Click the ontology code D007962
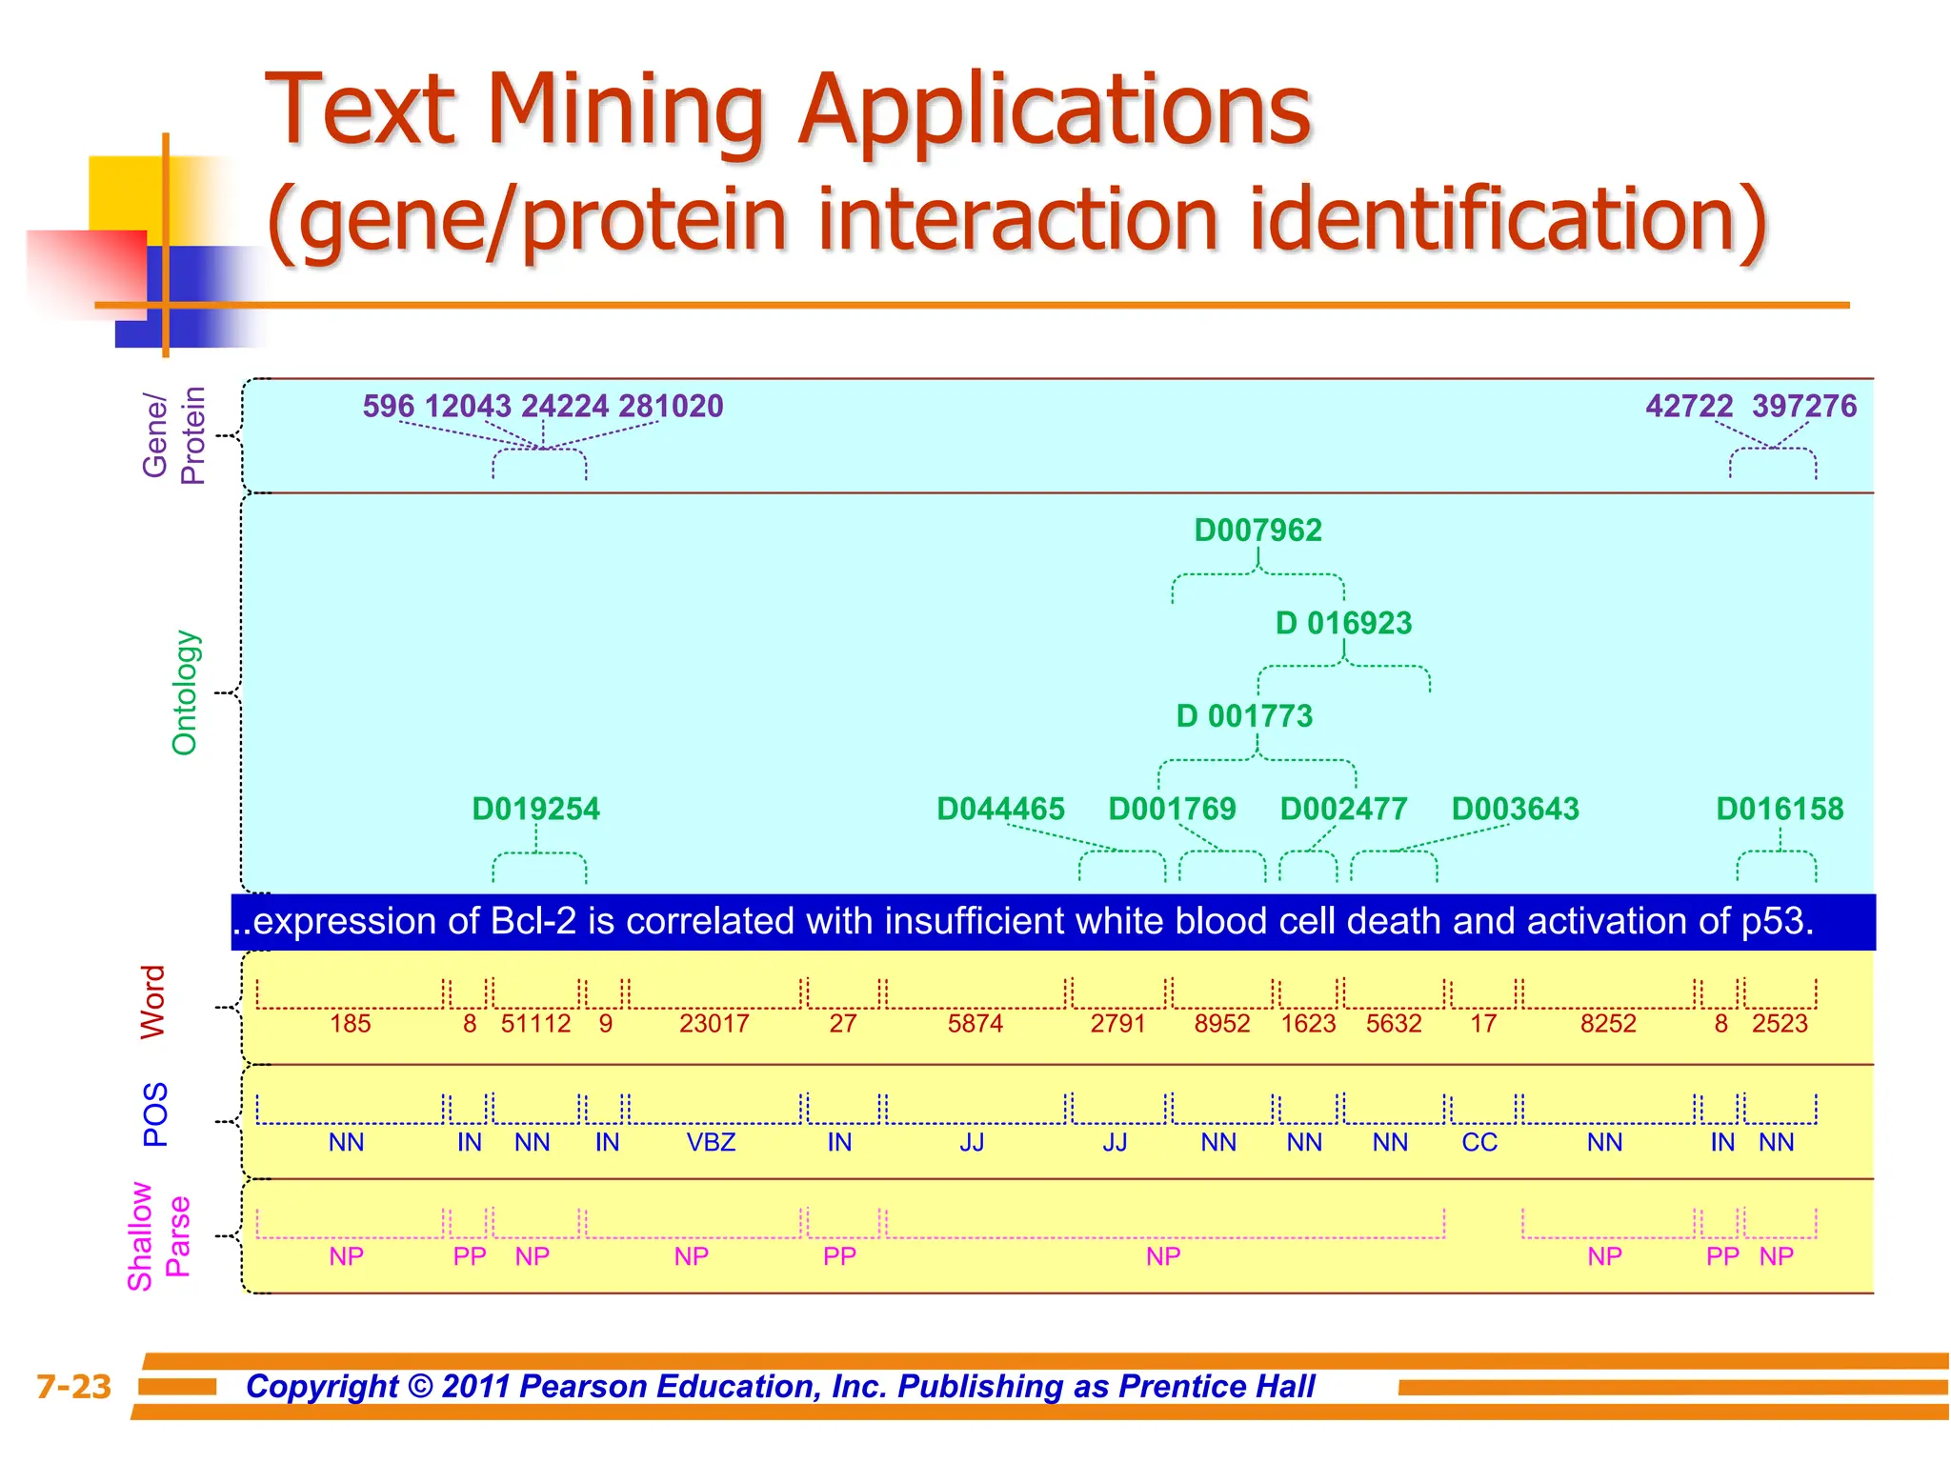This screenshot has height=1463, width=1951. point(1257,531)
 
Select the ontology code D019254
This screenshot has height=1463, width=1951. point(535,809)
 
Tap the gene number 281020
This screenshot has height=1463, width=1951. point(671,407)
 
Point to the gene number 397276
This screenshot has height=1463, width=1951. point(1803,407)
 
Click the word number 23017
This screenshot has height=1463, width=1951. point(714,1024)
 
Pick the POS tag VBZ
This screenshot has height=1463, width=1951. point(711,1142)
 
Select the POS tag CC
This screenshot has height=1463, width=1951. point(1479,1142)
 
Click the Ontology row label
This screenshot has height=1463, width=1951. point(184,692)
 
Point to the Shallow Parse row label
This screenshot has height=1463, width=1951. point(158,1236)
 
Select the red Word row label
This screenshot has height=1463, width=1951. point(153,1003)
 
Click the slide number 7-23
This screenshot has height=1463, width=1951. point(73,1387)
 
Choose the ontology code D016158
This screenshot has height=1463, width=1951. point(1780,809)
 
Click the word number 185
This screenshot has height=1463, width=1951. point(350,1024)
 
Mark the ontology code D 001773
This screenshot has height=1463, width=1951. point(1244,716)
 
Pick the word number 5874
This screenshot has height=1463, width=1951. point(975,1024)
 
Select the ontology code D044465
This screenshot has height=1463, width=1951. point(1000,809)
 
